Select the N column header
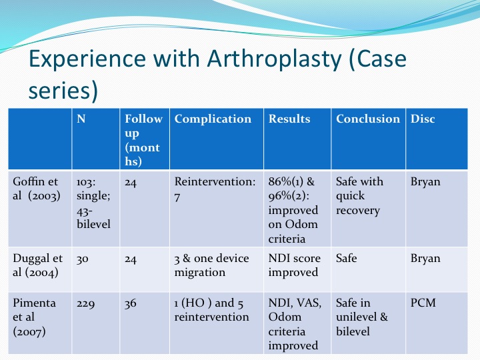81,119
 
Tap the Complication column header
213,119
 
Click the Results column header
289,119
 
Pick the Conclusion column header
368,119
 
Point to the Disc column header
423,119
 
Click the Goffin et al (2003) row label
37,189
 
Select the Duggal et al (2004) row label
37,265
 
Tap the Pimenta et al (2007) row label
34,317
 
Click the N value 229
86,304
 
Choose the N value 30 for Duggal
83,259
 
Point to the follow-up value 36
131,304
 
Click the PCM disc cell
423,303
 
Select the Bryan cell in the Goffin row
425,182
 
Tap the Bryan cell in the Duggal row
425,259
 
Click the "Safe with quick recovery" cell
359,196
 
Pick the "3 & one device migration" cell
211,265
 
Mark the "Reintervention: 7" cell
215,189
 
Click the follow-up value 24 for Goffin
131,183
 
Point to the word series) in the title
63,91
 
